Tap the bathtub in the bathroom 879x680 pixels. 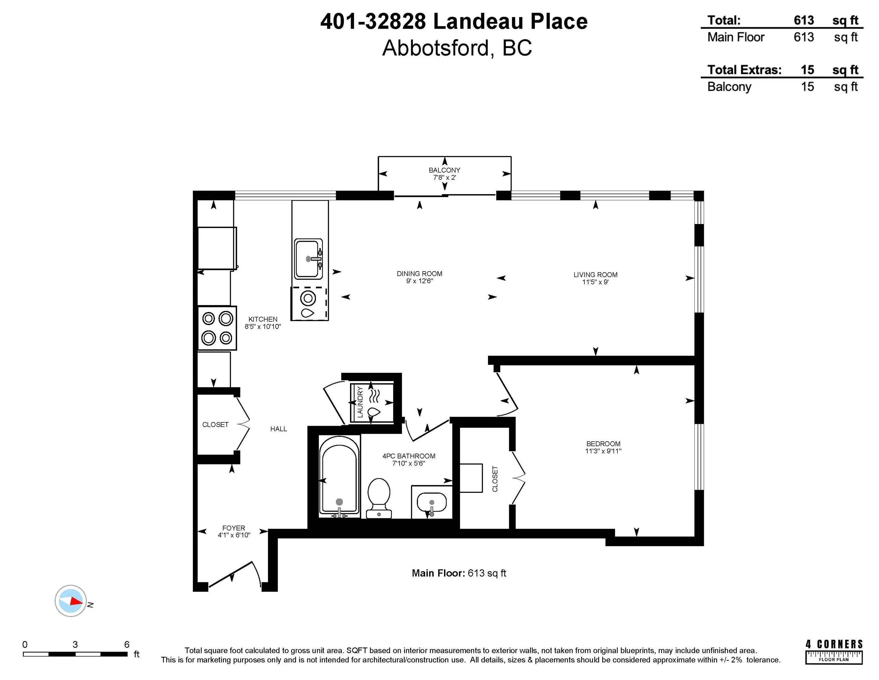click(x=339, y=475)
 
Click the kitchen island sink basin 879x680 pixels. click(x=308, y=259)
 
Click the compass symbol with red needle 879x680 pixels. click(x=71, y=601)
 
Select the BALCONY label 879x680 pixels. click(x=444, y=170)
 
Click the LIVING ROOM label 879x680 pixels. click(x=595, y=275)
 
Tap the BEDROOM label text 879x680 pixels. click(x=603, y=444)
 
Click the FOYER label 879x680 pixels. click(x=234, y=528)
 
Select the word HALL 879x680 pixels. click(x=279, y=429)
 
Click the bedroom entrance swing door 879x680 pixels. click(x=507, y=393)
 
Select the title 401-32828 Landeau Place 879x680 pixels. click(x=454, y=22)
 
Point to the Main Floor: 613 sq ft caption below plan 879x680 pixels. click(x=459, y=573)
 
